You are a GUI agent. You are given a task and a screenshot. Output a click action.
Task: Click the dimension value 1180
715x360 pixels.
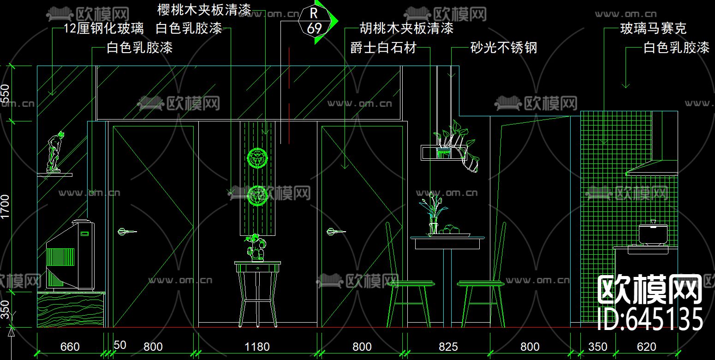pyautogui.click(x=257, y=347)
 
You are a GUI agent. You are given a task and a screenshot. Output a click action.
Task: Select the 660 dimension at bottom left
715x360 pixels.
pyautogui.click(x=70, y=347)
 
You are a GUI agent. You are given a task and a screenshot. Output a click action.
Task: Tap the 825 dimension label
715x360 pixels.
pyautogui.click(x=448, y=347)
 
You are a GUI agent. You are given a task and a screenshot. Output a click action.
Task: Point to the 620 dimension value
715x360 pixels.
pyautogui.click(x=646, y=347)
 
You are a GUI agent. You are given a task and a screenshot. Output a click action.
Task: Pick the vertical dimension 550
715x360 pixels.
pyautogui.click(x=5, y=95)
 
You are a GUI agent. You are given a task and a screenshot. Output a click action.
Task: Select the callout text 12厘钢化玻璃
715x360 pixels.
pyautogui.click(x=103, y=29)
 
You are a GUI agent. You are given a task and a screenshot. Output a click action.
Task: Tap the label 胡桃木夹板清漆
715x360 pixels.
pyautogui.click(x=406, y=29)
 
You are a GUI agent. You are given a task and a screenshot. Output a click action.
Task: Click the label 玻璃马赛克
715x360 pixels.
pyautogui.click(x=653, y=29)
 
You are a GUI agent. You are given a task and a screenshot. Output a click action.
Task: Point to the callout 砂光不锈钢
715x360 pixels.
pyautogui.click(x=504, y=47)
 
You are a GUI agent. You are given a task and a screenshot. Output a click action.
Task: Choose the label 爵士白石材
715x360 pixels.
pyautogui.click(x=383, y=47)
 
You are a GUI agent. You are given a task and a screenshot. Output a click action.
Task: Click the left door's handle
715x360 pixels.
pyautogui.click(x=126, y=231)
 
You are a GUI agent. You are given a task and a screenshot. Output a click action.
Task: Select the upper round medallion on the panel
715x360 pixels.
pyautogui.click(x=257, y=158)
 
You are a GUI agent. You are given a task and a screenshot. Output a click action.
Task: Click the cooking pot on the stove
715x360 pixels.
pyautogui.click(x=652, y=234)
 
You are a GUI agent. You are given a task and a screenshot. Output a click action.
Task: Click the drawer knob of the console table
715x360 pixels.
pyautogui.click(x=257, y=267)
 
